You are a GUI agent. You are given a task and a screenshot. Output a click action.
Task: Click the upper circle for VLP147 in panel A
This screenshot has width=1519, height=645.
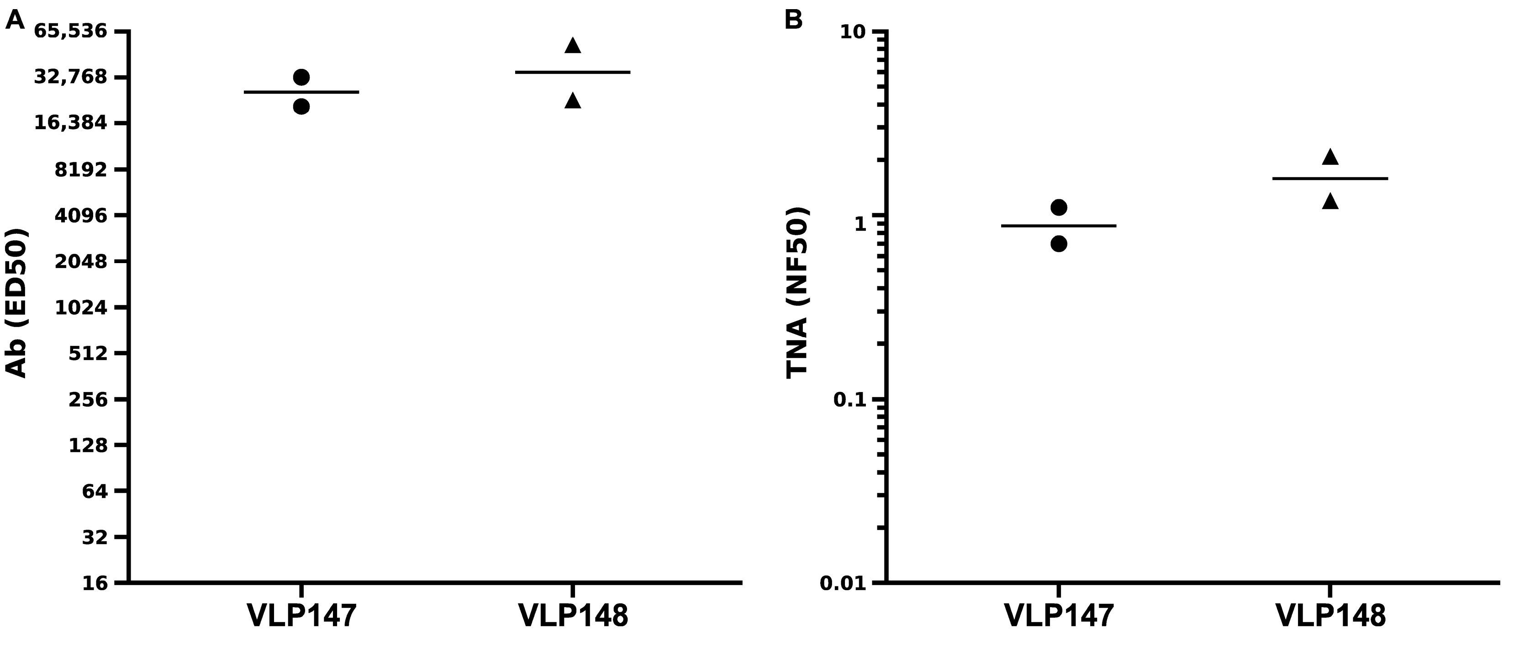pyautogui.click(x=301, y=77)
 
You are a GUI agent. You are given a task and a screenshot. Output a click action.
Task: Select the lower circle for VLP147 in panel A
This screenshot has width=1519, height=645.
pyautogui.click(x=301, y=106)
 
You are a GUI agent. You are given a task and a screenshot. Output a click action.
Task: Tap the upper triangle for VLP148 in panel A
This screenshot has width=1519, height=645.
pyautogui.click(x=573, y=46)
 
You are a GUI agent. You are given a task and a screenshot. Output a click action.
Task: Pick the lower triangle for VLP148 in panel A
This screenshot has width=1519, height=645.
pyautogui.click(x=573, y=101)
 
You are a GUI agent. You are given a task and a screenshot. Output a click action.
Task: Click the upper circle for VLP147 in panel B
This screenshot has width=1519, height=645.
pyautogui.click(x=1059, y=207)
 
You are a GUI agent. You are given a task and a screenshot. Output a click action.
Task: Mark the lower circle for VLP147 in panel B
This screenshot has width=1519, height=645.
pyautogui.click(x=1059, y=243)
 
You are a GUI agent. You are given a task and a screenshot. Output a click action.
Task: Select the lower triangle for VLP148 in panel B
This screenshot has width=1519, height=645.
pyautogui.click(x=1330, y=201)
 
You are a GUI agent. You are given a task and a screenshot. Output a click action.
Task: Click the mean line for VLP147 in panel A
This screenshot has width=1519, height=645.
pyautogui.click(x=301, y=92)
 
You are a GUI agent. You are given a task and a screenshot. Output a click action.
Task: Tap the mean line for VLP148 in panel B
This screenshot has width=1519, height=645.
pyautogui.click(x=1330, y=178)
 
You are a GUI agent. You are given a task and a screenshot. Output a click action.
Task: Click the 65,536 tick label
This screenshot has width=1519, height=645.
pyautogui.click(x=71, y=31)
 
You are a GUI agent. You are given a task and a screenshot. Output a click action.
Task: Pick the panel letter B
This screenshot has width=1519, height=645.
pyautogui.click(x=793, y=20)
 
